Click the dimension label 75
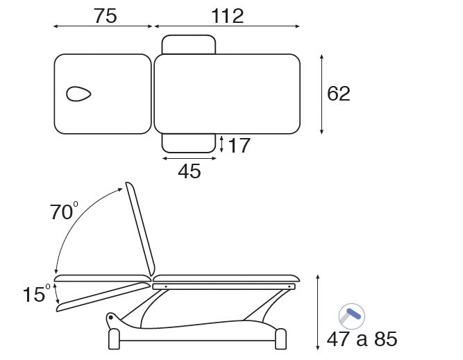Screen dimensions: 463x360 click(106, 16)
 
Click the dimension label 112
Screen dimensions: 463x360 click(228, 16)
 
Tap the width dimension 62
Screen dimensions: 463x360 click(338, 94)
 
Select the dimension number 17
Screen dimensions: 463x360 click(239, 145)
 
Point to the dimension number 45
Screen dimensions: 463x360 click(190, 171)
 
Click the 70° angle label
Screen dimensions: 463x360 click(64, 211)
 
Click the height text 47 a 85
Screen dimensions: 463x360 click(362, 339)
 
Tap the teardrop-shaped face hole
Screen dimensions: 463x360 click(78, 94)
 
